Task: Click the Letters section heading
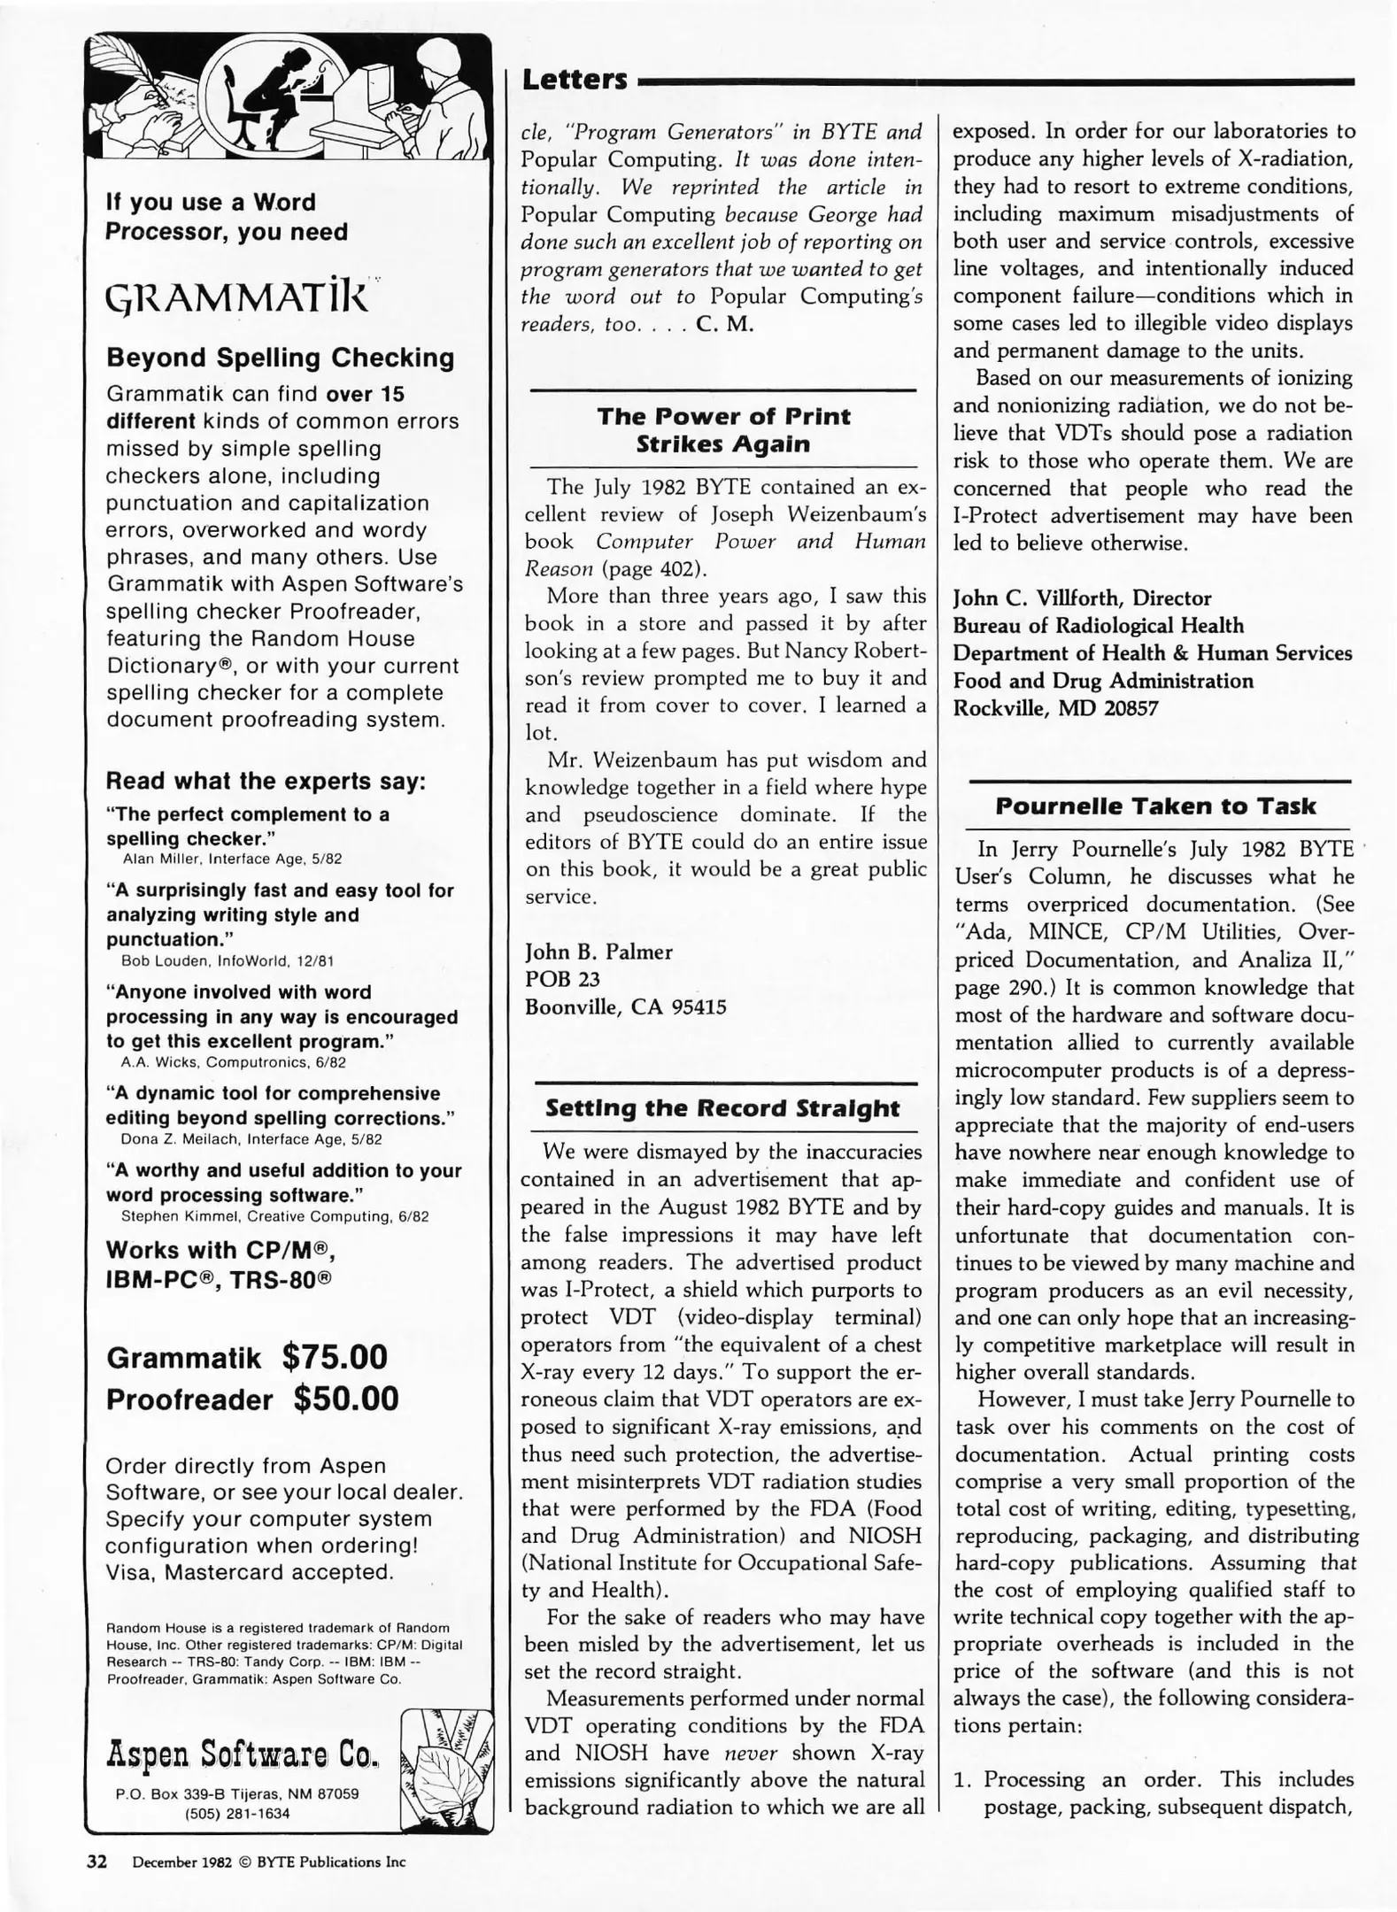(x=575, y=80)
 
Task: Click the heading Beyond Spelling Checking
(x=280, y=358)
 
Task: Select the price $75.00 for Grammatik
(x=335, y=1357)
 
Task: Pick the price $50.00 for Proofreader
(x=346, y=1399)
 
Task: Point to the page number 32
(x=96, y=1862)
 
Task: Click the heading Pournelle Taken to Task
(x=1154, y=806)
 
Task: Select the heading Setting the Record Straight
(x=722, y=1108)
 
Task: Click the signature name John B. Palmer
(x=598, y=952)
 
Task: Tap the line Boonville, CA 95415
(x=625, y=1006)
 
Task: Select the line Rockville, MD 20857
(x=1055, y=708)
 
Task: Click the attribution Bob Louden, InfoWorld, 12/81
(x=227, y=961)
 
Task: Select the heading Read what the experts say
(x=266, y=781)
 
